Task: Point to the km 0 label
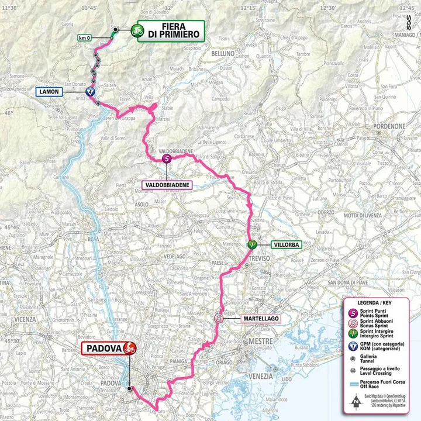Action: (85, 38)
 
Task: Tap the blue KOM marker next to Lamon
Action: (89, 92)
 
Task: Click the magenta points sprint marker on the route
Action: (165, 158)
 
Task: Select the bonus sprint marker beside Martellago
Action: (219, 319)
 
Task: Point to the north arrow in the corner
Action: (357, 402)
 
